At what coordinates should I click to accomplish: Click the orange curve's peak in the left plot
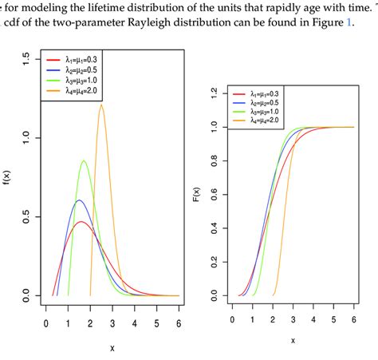(x=101, y=105)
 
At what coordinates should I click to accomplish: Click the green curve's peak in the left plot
(x=85, y=161)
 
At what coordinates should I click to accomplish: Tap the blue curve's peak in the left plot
(x=79, y=200)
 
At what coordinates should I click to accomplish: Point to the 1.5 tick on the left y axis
(x=27, y=58)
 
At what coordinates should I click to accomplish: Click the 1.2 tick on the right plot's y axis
(x=214, y=93)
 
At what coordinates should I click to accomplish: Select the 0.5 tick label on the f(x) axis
(x=27, y=217)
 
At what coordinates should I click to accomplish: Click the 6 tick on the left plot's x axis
(x=178, y=322)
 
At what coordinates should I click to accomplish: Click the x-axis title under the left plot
(x=112, y=348)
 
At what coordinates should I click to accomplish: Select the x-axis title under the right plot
(x=293, y=340)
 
